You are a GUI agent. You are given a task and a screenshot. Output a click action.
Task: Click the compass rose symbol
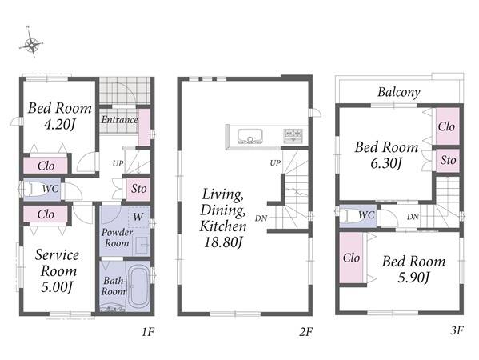31,46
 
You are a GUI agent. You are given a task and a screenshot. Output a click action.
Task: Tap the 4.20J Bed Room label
60,116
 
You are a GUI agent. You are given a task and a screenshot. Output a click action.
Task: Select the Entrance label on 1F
120,119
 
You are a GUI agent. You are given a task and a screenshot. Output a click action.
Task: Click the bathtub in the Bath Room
138,286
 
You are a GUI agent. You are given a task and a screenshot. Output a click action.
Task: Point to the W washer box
138,217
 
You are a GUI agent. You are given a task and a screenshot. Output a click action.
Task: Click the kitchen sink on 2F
250,136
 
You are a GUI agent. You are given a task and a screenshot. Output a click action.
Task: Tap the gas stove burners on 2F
293,135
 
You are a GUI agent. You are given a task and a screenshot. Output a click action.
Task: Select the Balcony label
399,92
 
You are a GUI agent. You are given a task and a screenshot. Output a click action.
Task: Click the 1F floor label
148,331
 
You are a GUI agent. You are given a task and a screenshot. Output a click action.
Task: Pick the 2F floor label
306,331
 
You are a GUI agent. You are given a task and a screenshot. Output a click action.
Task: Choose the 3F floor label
457,330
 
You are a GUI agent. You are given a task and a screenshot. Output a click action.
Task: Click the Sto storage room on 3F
448,161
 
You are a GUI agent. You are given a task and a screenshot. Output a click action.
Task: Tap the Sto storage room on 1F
138,189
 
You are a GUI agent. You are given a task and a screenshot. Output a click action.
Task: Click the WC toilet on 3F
358,216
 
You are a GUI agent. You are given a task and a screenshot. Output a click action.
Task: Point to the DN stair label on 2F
261,218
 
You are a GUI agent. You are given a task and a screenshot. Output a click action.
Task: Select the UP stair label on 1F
118,163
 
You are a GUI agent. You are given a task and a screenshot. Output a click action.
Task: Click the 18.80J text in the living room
223,242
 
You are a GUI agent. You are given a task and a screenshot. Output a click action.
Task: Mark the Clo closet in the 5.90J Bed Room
351,258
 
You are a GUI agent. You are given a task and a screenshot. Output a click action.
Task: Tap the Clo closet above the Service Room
46,214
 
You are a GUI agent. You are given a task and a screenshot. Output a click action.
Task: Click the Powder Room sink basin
142,245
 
